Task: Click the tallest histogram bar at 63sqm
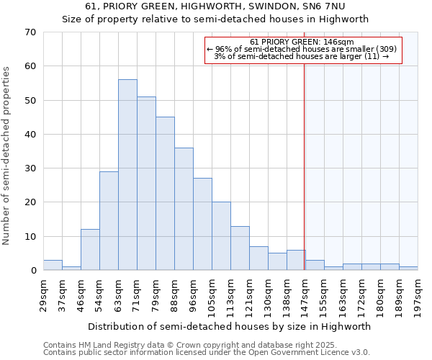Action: (x=127, y=175)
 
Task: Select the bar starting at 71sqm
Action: (x=146, y=184)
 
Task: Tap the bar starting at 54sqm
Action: (x=109, y=221)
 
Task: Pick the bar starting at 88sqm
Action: (x=184, y=209)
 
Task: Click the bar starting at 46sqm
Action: (x=90, y=250)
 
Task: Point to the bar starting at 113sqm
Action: (x=240, y=248)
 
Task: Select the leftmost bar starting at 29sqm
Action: (x=53, y=265)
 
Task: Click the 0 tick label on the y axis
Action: (x=33, y=271)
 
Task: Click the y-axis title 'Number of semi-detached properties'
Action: (x=7, y=156)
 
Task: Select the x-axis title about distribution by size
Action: (x=230, y=326)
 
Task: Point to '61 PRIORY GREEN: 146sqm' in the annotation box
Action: (x=302, y=42)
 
